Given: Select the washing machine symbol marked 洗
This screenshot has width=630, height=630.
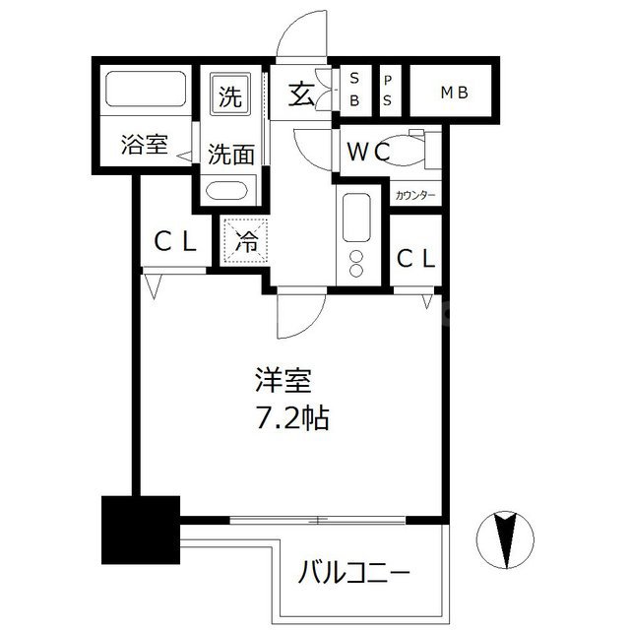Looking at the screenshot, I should coord(229,97).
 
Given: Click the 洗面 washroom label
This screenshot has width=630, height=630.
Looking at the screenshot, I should coord(230,154).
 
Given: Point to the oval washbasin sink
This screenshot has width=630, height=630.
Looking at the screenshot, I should coord(230,191).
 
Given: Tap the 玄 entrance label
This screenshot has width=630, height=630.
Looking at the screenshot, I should coord(300,95).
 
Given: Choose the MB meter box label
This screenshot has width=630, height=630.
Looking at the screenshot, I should coord(453,94).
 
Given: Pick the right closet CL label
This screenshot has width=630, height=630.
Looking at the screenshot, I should coord(415,258).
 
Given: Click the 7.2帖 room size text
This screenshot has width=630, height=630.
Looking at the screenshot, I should coord(287,417).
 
